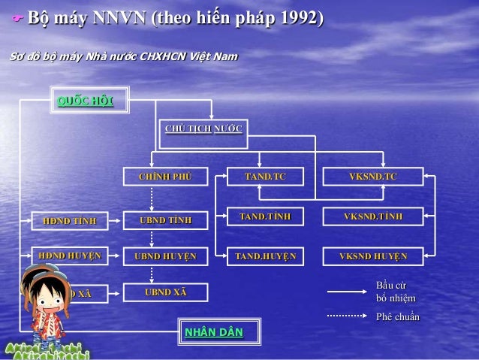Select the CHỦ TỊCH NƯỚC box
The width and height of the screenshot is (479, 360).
point(203,129)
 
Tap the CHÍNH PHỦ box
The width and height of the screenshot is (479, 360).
point(166,177)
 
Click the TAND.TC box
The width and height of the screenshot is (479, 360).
point(265,177)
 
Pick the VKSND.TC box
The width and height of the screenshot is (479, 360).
point(372,177)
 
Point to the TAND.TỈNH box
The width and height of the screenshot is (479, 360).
point(265,216)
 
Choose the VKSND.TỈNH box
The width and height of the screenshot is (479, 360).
point(372,216)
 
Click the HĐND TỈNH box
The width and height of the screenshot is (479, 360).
point(70,220)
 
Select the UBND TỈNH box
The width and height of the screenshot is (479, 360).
point(166,220)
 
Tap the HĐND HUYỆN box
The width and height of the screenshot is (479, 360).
point(70,256)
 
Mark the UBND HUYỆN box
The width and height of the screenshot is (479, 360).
point(166,256)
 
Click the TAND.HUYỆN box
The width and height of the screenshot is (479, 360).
point(265,256)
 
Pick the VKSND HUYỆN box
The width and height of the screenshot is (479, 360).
point(372,256)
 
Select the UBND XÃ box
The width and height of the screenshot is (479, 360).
point(166,292)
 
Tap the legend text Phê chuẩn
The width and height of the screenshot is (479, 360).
point(397,316)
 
